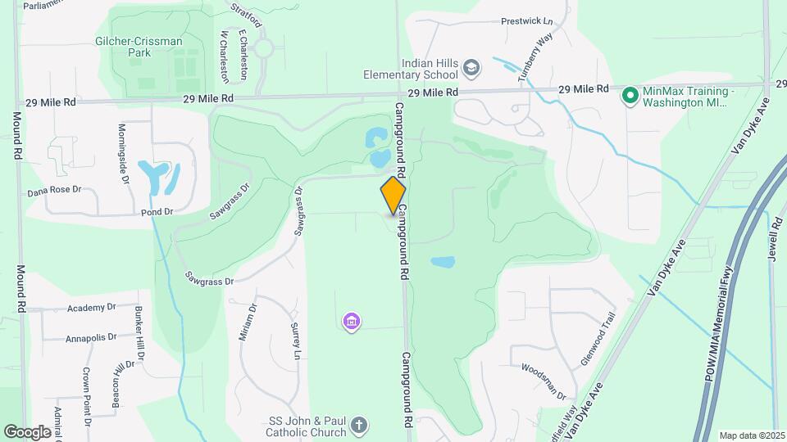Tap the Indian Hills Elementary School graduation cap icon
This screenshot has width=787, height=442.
click(471, 66)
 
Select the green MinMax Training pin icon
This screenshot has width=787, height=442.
click(630, 96)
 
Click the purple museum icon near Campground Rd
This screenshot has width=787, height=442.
click(351, 322)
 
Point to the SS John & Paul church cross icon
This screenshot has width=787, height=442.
click(359, 426)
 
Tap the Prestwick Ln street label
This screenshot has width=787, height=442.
click(526, 21)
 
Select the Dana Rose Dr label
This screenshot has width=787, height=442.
click(55, 189)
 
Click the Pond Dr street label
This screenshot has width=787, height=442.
click(157, 211)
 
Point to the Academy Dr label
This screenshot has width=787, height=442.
click(91, 307)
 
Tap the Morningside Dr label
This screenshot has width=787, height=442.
click(125, 153)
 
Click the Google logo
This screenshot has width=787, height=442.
click(27, 431)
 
